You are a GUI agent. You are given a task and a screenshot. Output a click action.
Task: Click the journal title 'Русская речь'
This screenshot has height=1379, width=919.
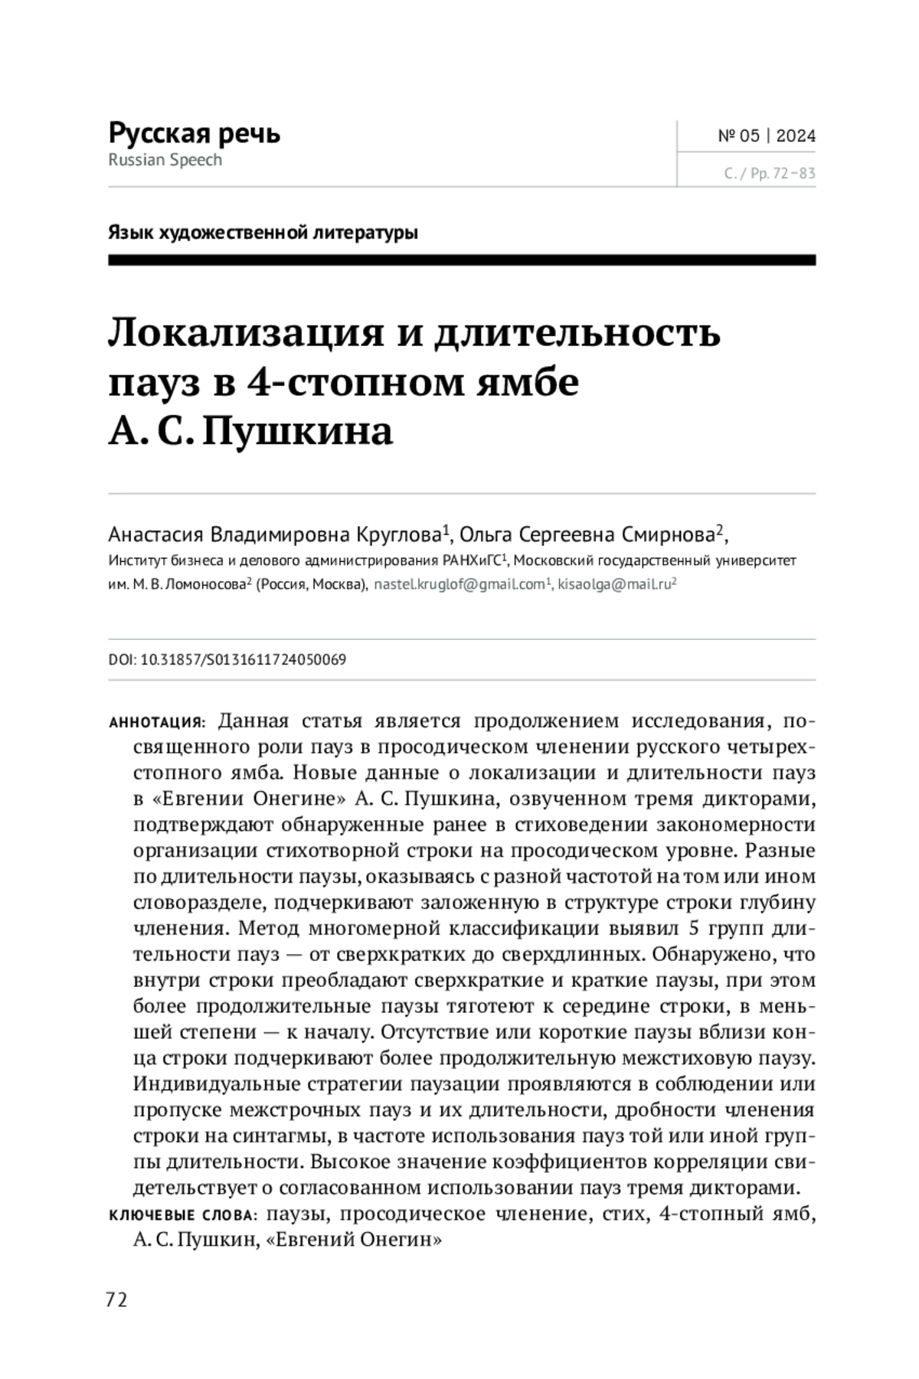(195, 133)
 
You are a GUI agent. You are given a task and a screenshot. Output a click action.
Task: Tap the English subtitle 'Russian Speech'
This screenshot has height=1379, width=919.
(165, 160)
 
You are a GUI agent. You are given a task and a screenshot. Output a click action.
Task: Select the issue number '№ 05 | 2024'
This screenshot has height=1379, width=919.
(767, 136)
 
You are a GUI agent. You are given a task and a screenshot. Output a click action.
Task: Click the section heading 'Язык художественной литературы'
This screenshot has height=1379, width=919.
(263, 232)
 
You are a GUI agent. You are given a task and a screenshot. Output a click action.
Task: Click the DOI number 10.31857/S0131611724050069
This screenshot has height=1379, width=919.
(244, 659)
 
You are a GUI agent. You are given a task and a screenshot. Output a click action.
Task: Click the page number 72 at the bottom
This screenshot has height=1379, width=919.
(116, 1299)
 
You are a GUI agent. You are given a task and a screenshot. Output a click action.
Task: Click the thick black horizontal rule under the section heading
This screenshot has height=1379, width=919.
(462, 260)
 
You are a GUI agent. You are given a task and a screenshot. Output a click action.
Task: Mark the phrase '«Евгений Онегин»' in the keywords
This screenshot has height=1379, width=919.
(354, 1240)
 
